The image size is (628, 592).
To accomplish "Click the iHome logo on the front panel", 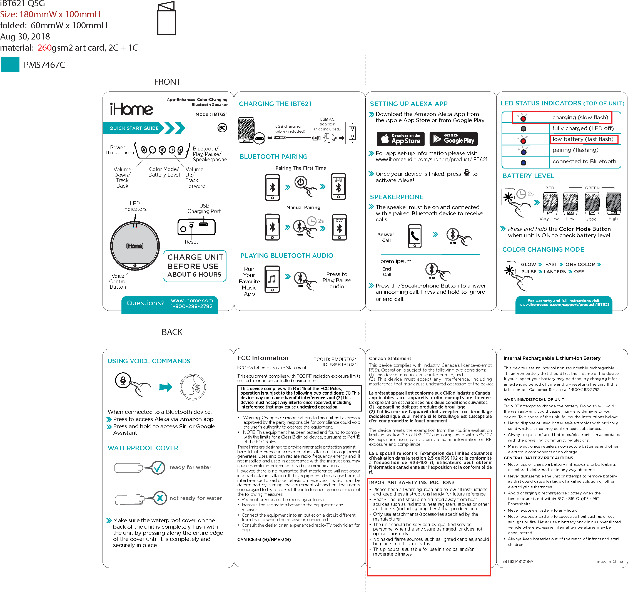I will point(131,109).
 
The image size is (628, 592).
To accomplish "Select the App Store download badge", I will point(400,139).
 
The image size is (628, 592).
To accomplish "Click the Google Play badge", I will point(455,139).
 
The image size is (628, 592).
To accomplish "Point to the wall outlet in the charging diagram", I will point(352,133).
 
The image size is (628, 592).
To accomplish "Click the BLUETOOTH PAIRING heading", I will point(273,157).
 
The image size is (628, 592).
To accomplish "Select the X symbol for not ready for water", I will point(160,498).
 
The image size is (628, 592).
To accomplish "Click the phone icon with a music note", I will point(272,279).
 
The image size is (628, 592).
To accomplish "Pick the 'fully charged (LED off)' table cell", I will point(583,128).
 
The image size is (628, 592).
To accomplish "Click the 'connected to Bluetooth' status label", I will point(584,161).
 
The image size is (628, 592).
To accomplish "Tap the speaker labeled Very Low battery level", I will point(550,203).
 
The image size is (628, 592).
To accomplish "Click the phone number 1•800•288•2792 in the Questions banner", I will point(191,306).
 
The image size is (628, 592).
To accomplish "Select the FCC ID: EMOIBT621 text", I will point(335,359).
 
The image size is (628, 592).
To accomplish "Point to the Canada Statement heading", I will point(390,358).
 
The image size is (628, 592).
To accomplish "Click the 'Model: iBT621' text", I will point(211,114).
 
